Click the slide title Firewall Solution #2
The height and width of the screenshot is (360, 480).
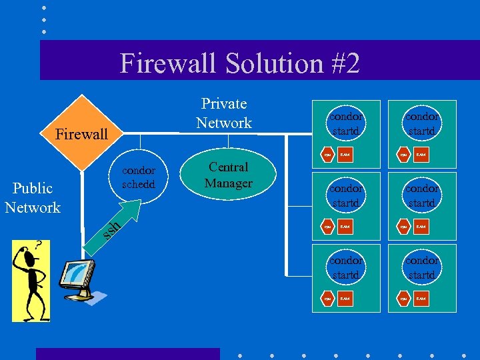click(240, 63)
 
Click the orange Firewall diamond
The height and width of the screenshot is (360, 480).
click(82, 133)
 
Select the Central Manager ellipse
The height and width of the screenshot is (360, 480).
click(228, 175)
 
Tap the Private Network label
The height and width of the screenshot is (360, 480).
click(224, 113)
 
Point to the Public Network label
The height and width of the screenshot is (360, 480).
click(33, 198)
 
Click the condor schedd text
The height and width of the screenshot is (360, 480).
click(139, 177)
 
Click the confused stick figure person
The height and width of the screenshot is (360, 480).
click(29, 280)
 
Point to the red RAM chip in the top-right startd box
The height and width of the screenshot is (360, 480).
click(421, 155)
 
